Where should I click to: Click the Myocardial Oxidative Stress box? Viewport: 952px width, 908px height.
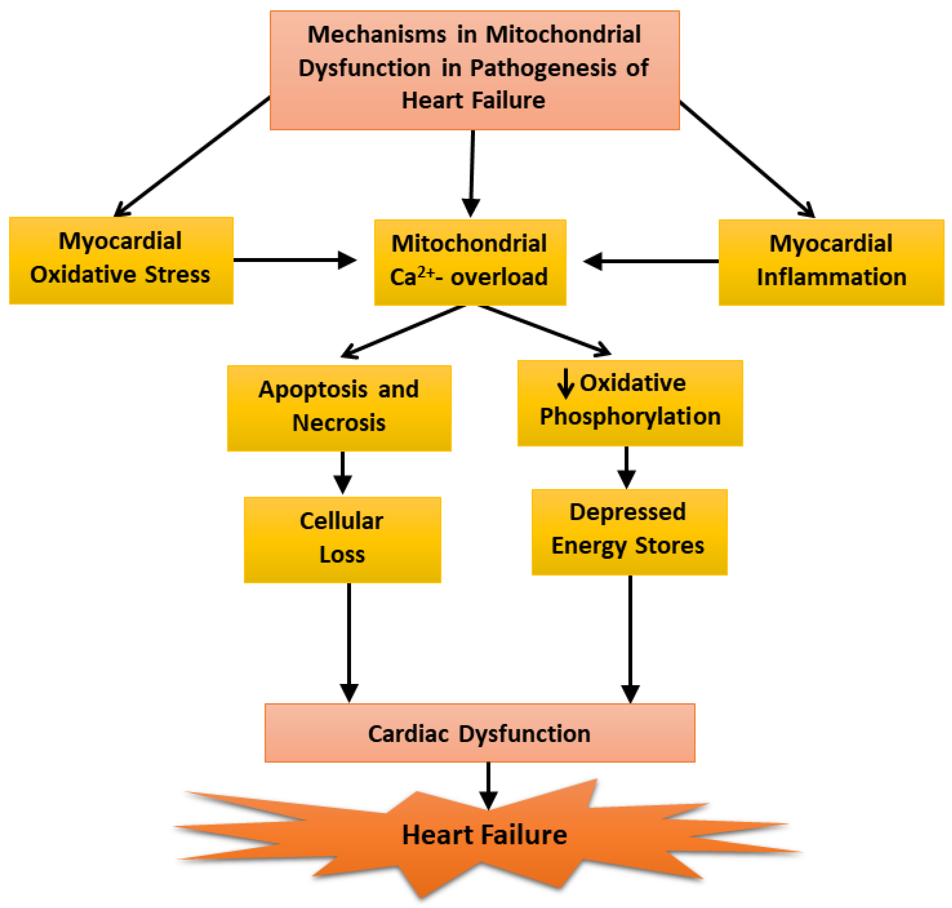pyautogui.click(x=121, y=261)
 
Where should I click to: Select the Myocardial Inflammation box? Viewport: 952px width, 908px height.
pyautogui.click(x=831, y=262)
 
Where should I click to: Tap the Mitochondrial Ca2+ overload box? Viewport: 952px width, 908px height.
pyautogui.click(x=469, y=262)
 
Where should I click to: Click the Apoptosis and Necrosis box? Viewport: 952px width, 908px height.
pyautogui.click(x=339, y=408)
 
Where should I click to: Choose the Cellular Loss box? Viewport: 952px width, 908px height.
pyautogui.click(x=342, y=539)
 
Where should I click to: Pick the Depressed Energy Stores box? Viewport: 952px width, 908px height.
pyautogui.click(x=629, y=532)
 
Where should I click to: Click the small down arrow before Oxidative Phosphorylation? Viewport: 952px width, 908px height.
pyautogui.click(x=565, y=383)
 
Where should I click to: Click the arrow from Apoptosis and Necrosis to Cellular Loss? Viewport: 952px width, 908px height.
pyautogui.click(x=343, y=473)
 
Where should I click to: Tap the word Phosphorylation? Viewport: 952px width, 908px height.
pyautogui.click(x=630, y=416)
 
